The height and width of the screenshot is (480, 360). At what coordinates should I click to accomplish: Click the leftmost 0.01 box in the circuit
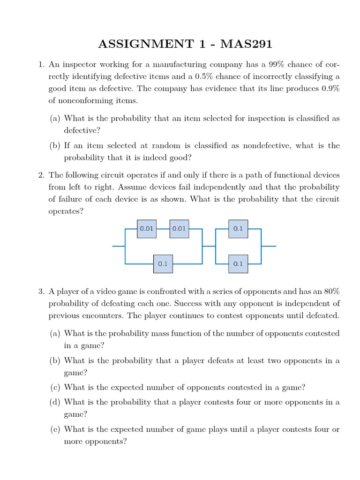pyautogui.click(x=147, y=229)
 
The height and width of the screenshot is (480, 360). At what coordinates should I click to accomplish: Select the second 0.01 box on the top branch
pyautogui.click(x=179, y=229)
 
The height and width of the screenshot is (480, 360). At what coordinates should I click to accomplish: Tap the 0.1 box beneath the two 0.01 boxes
pyautogui.click(x=163, y=264)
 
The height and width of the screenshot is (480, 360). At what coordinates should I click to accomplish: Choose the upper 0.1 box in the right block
pyautogui.click(x=238, y=229)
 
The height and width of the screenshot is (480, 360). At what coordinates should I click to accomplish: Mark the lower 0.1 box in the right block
pyautogui.click(x=238, y=264)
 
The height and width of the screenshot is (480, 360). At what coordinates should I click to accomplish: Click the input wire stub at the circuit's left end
pyautogui.click(x=119, y=246)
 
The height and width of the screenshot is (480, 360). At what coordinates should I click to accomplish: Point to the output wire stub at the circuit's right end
pyautogui.click(x=269, y=246)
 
